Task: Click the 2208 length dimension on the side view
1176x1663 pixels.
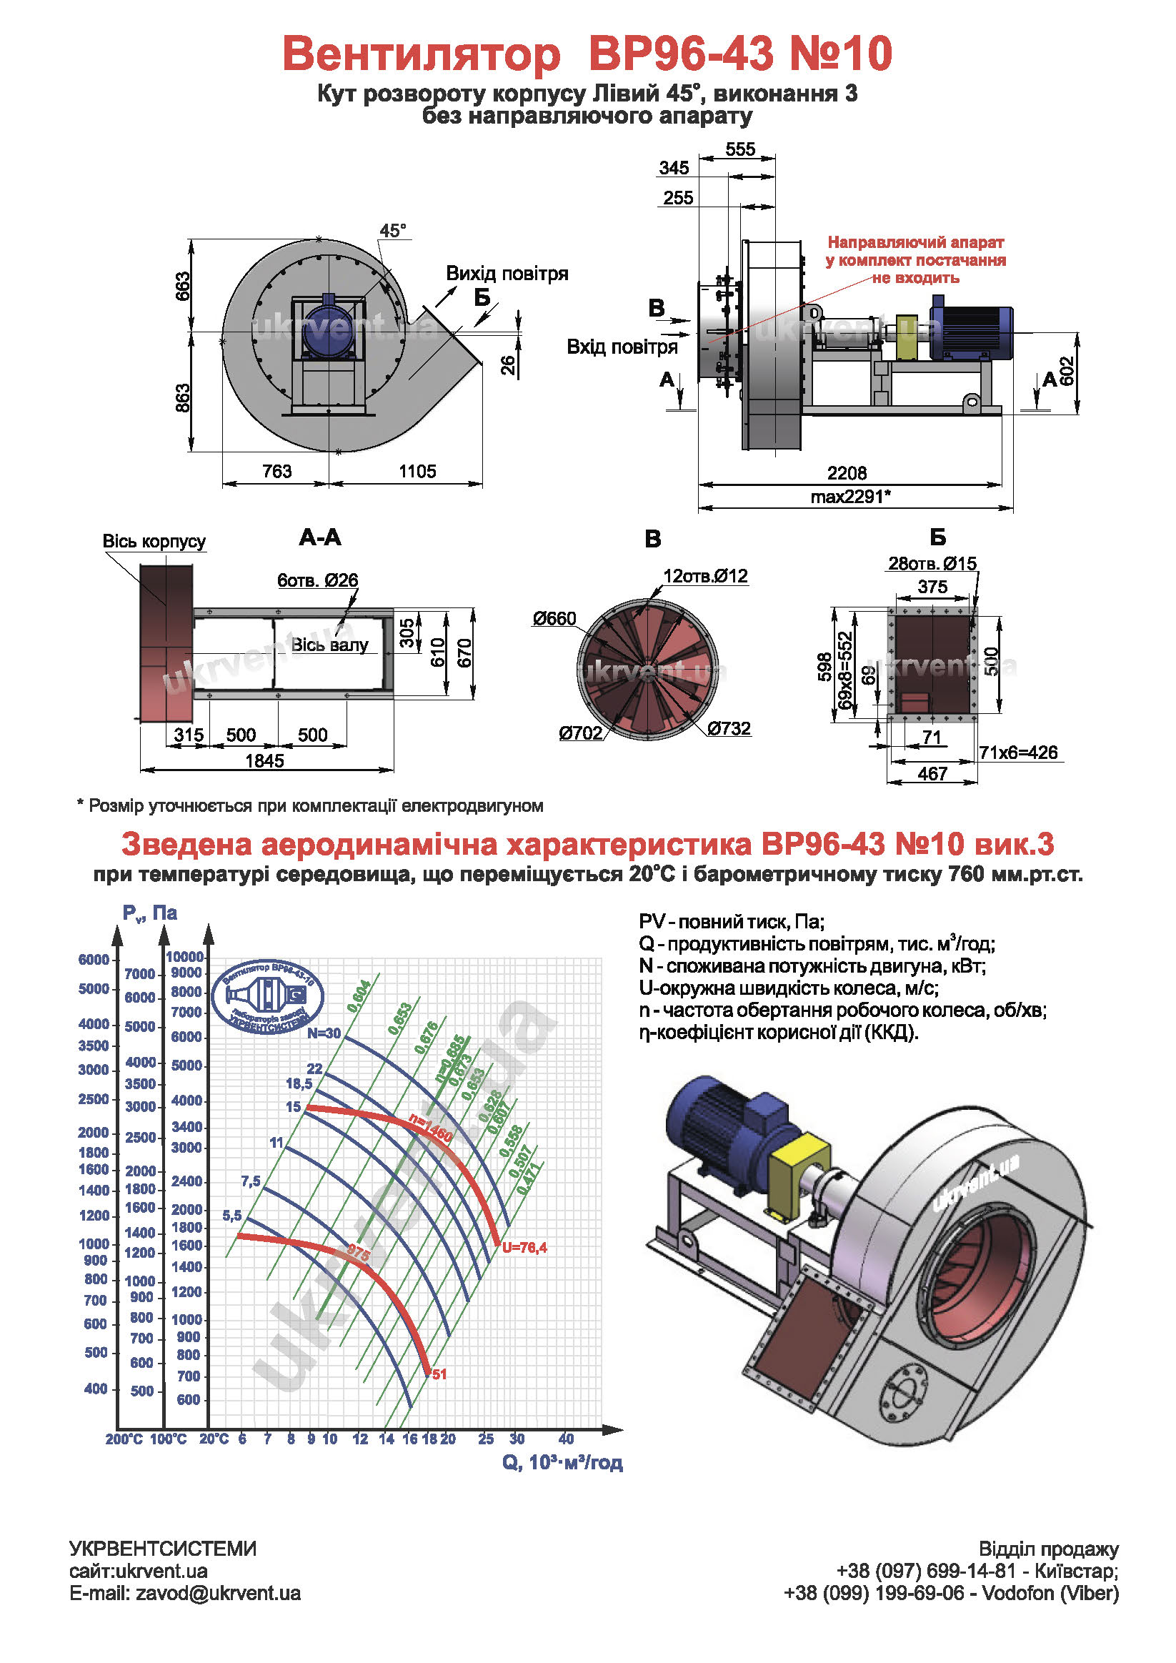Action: (x=847, y=473)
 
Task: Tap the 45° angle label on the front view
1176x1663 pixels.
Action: (x=392, y=231)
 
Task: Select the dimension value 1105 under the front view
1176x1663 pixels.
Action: (x=417, y=472)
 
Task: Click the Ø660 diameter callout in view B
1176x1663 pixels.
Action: (x=554, y=619)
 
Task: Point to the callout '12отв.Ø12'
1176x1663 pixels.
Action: (x=705, y=576)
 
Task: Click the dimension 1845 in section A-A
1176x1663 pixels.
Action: (x=264, y=760)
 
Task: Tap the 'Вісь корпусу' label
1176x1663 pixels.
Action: (x=154, y=541)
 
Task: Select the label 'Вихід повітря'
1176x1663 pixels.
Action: (x=507, y=274)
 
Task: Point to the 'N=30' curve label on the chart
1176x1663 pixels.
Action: (x=324, y=1033)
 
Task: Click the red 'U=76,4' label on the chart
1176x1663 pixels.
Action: (x=524, y=1247)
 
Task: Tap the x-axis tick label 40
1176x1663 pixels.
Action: (x=567, y=1439)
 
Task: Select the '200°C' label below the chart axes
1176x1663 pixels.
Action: (x=124, y=1439)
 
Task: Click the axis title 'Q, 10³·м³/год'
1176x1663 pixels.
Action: (x=562, y=1462)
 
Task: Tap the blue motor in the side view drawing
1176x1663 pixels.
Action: (x=970, y=332)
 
